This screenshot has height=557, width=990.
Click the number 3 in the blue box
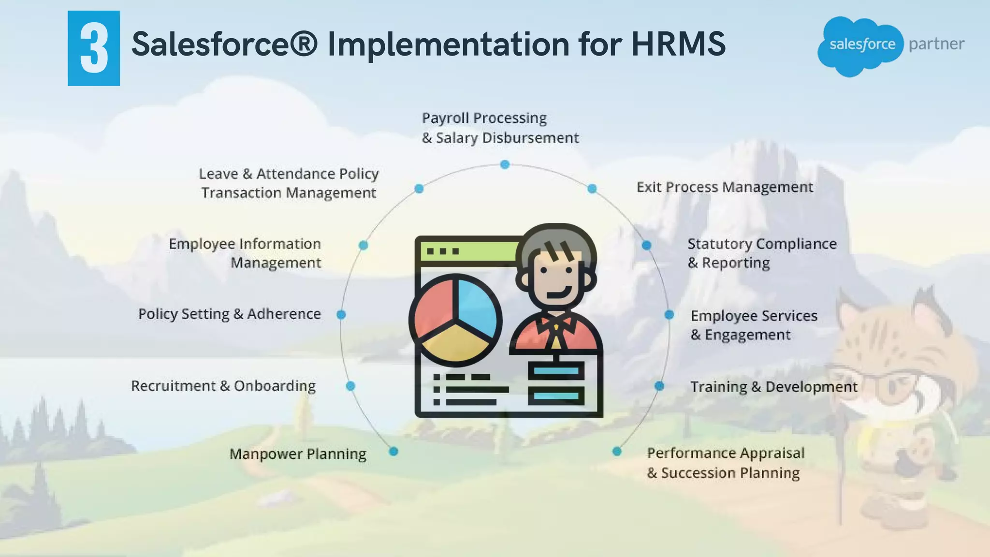[94, 49]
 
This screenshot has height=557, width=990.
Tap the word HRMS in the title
[678, 44]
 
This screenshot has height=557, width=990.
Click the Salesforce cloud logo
[860, 46]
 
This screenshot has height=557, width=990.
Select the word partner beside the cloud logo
[936, 44]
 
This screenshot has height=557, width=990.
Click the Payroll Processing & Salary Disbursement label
[500, 128]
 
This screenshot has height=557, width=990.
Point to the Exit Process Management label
[725, 187]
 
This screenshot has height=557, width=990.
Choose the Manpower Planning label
[298, 454]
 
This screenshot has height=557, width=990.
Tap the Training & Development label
[773, 387]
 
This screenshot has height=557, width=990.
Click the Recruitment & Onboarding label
[223, 386]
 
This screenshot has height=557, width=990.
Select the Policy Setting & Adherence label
[230, 314]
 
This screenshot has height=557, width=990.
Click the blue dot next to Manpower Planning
[393, 452]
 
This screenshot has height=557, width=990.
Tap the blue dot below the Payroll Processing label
[505, 165]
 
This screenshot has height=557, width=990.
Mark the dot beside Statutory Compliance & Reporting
[646, 245]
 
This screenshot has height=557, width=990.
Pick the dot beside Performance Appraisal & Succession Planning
[617, 452]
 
